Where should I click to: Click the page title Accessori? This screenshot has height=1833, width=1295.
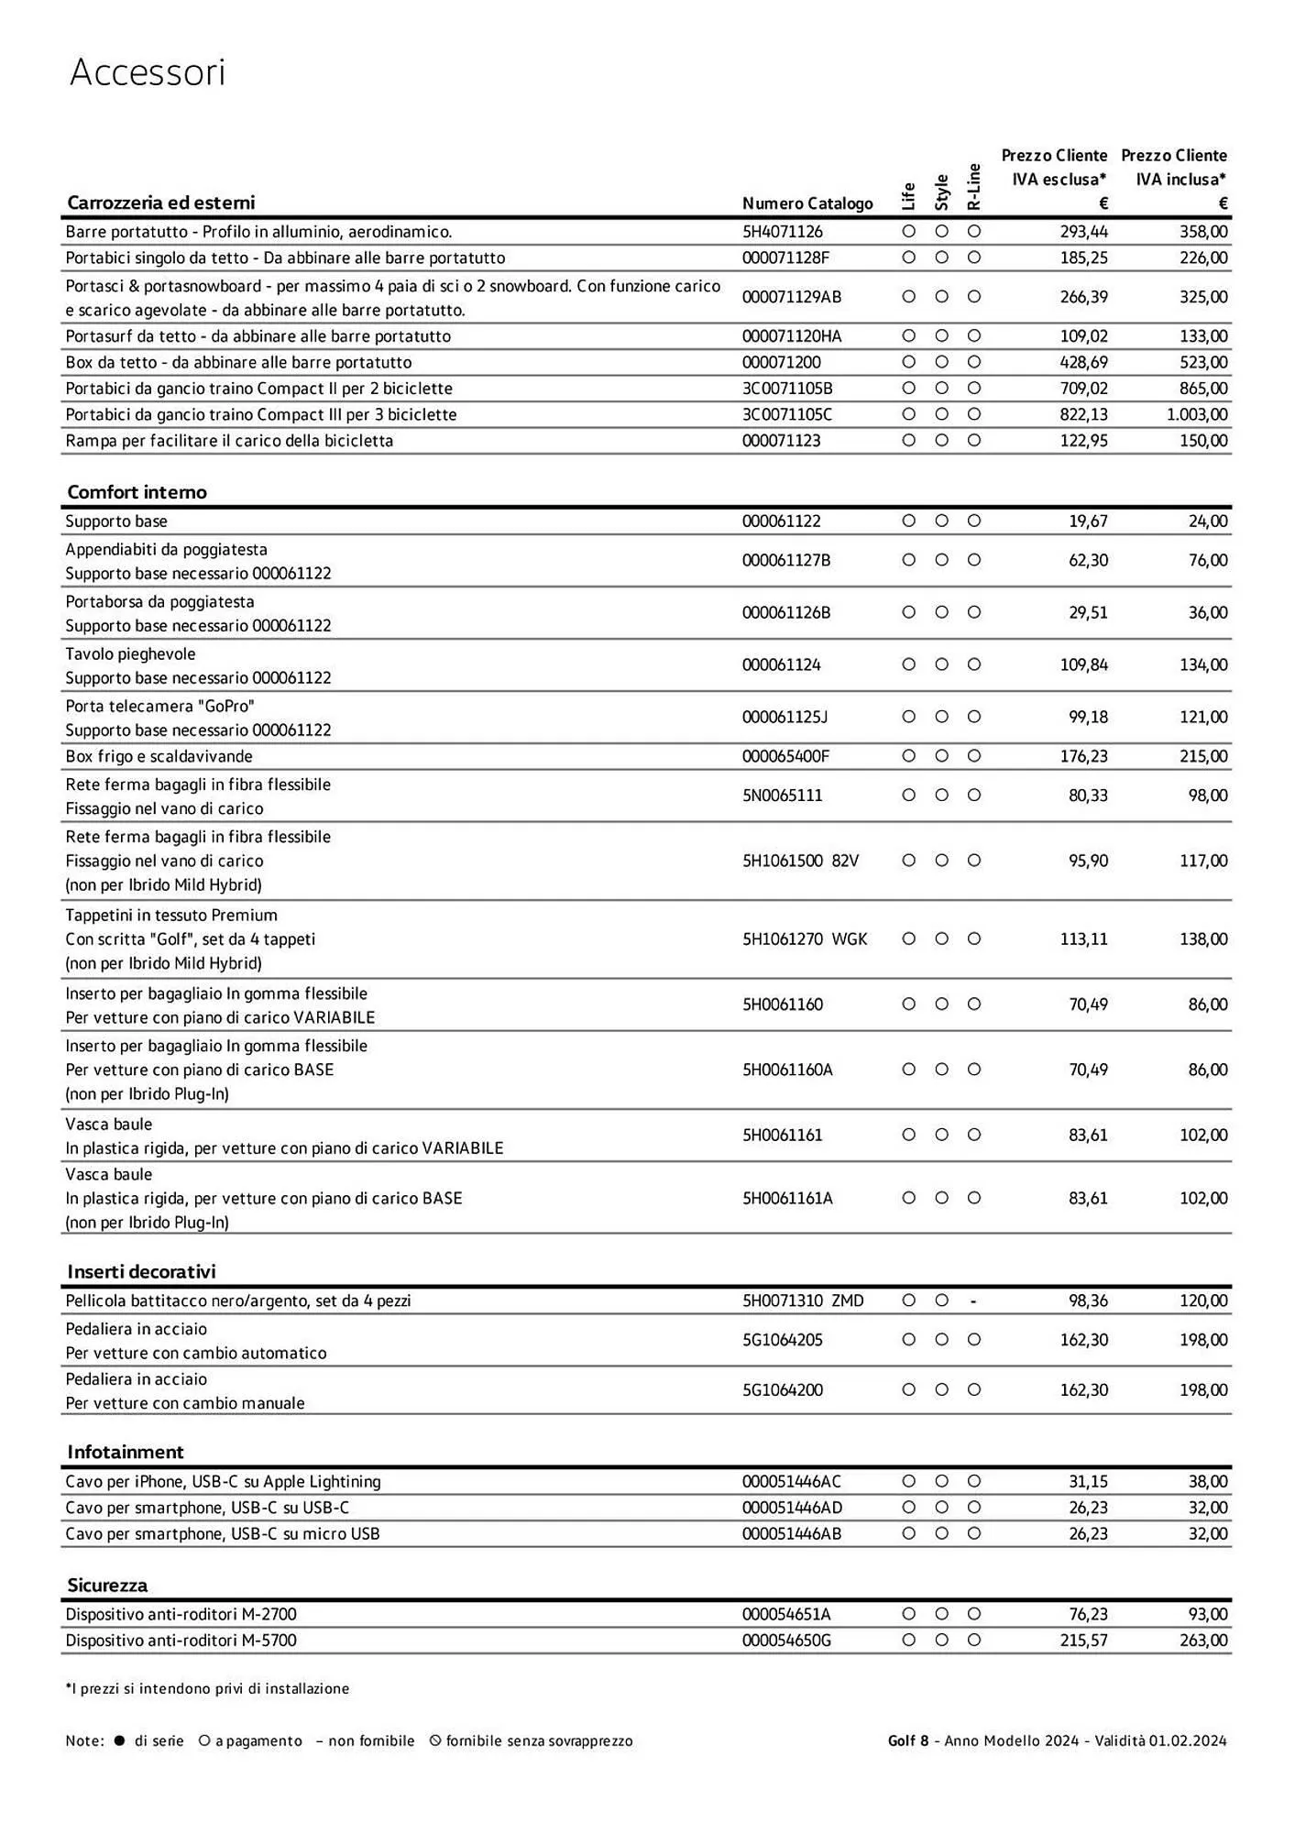147,72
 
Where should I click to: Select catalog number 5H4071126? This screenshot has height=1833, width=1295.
782,232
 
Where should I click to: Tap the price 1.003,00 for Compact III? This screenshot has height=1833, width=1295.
1196,414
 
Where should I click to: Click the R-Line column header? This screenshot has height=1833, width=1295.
974,187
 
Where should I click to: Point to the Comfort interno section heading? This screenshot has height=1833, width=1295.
137,492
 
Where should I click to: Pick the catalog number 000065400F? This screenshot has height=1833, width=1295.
785,756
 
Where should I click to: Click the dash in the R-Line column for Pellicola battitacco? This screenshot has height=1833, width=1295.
973,1301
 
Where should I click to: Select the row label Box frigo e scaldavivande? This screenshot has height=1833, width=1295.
159,756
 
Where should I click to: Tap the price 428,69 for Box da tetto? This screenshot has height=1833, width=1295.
1083,362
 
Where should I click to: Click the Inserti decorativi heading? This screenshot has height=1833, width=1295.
141,1271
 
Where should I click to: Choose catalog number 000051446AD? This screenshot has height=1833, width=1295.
792,1508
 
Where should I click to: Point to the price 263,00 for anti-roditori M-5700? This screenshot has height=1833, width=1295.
1202,1640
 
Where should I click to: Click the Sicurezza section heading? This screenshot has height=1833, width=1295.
107,1585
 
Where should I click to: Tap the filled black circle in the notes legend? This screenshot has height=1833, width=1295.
119,1740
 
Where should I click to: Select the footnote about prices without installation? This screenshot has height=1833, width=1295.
207,1688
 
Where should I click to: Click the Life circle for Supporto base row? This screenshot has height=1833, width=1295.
908,521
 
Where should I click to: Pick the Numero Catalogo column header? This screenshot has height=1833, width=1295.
807,203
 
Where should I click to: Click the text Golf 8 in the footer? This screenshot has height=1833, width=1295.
907,1740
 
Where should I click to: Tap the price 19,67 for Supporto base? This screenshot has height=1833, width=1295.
1088,521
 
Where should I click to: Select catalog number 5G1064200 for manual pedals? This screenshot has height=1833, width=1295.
782,1389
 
